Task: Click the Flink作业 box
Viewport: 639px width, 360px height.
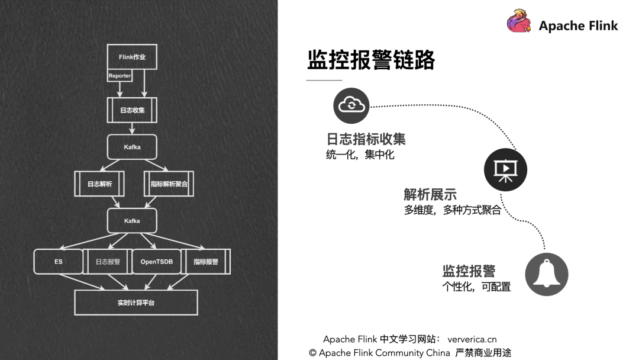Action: point(132,57)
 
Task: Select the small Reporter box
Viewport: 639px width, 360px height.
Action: point(120,75)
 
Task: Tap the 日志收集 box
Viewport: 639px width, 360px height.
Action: point(132,110)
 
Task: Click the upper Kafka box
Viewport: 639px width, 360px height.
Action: point(132,147)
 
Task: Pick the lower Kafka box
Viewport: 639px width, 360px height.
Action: point(132,221)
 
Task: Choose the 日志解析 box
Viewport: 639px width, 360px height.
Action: point(99,184)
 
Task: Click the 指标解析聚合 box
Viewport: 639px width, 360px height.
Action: point(169,184)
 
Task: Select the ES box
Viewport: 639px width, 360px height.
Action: point(58,261)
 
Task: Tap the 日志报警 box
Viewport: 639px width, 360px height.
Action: point(108,261)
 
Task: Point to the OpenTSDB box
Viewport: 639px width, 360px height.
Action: point(156,261)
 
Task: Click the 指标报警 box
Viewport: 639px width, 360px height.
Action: point(206,261)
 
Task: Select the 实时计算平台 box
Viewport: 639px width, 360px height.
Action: point(136,303)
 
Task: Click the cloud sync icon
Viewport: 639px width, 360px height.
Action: point(351,105)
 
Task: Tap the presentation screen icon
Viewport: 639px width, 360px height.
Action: point(505,169)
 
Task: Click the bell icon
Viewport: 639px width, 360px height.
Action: point(547,274)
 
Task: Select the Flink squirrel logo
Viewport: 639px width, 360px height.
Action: point(519,21)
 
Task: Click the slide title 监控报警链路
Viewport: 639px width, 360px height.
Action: point(371,60)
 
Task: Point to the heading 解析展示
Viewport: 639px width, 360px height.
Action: point(430,194)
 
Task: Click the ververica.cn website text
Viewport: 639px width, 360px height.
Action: point(472,339)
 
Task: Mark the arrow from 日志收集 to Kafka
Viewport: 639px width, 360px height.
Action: point(132,128)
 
